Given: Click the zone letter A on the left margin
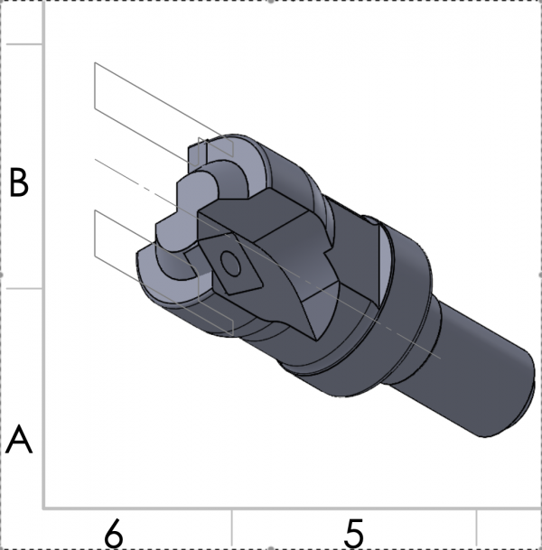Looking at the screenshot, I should click(20, 442).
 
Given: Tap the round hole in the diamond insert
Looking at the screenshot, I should click(230, 265).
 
